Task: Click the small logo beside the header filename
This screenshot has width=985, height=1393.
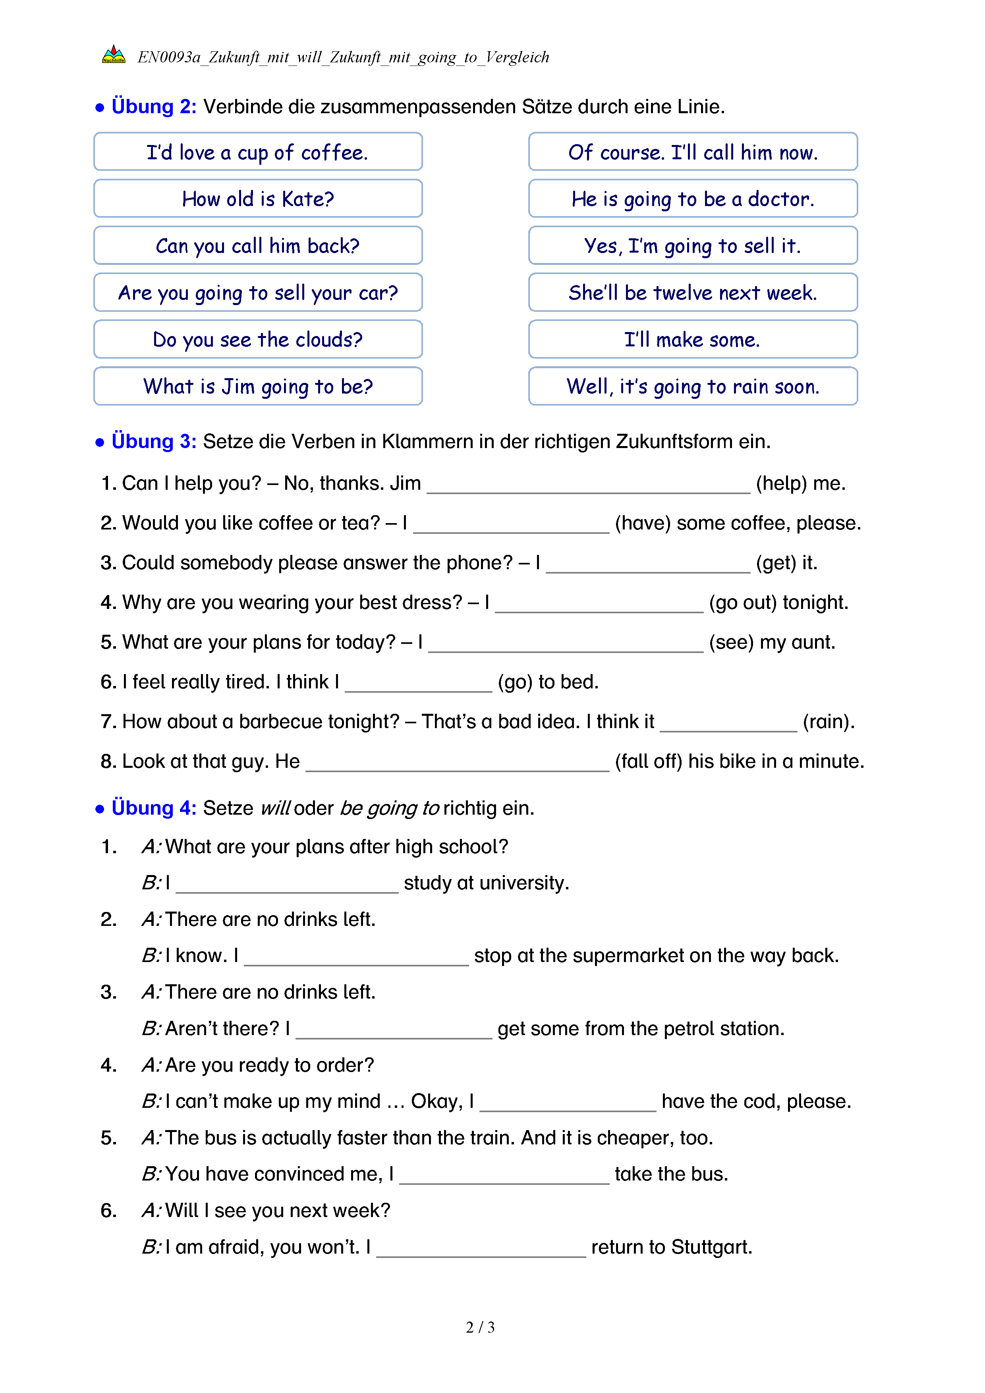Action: click(114, 55)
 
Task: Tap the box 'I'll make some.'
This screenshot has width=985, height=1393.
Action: click(693, 340)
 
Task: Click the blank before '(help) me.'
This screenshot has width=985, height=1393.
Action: click(588, 485)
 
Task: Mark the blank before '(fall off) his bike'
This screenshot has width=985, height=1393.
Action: click(457, 763)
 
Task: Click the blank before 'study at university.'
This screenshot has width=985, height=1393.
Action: click(287, 885)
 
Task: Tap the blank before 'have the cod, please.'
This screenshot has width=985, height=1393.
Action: click(568, 1103)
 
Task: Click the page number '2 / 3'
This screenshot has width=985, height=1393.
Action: click(480, 1327)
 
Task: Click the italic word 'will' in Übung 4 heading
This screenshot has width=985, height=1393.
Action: click(275, 809)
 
